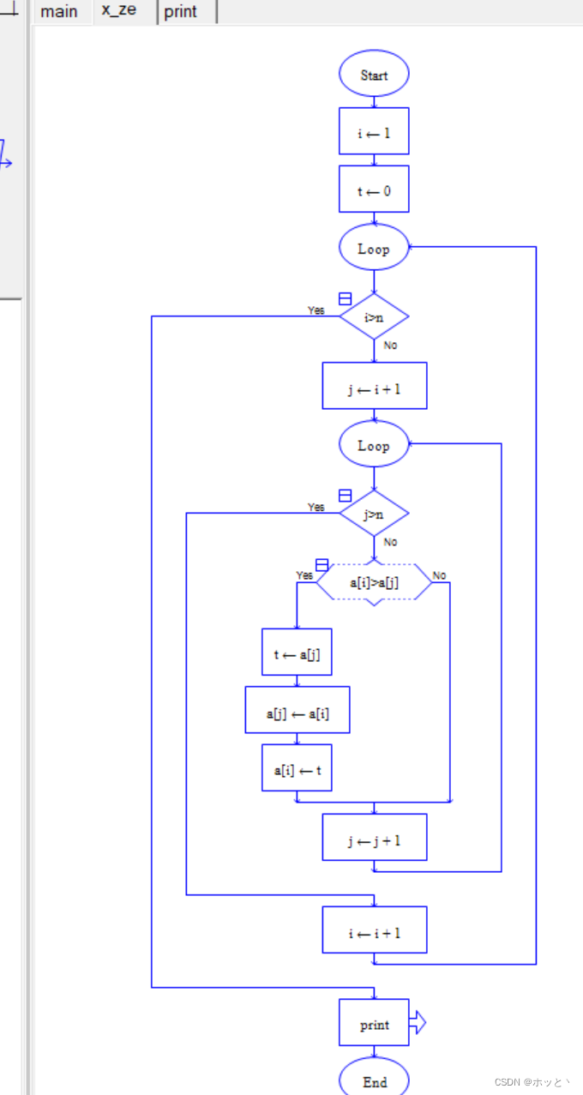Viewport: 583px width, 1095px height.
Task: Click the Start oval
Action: pyautogui.click(x=374, y=75)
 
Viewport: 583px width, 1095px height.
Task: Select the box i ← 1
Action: pyautogui.click(x=374, y=132)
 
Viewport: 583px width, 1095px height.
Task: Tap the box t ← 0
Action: pyautogui.click(x=374, y=190)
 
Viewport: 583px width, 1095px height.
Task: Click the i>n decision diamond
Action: pyautogui.click(x=374, y=317)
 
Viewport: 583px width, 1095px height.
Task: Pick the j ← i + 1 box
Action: pyautogui.click(x=374, y=387)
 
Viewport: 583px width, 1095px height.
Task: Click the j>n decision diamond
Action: pyautogui.click(x=374, y=514)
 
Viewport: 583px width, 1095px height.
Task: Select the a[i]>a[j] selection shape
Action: pyautogui.click(x=374, y=583)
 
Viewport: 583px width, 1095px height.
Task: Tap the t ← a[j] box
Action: pyautogui.click(x=297, y=653)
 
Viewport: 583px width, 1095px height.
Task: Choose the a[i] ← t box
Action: pyautogui.click(x=297, y=768)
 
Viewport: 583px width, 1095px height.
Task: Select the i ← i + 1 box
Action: pyautogui.click(x=374, y=930)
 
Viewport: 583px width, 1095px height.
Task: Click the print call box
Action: pyautogui.click(x=374, y=1023)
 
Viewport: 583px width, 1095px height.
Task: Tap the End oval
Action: pyautogui.click(x=374, y=1080)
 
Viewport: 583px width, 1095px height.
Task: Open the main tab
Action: pyautogui.click(x=59, y=12)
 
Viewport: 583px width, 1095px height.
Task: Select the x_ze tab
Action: pyautogui.click(x=118, y=11)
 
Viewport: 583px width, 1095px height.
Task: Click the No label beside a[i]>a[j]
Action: pyautogui.click(x=439, y=575)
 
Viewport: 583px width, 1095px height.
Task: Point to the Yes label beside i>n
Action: pyautogui.click(x=316, y=310)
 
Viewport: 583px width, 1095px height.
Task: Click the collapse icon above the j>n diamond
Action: pyautogui.click(x=345, y=496)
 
